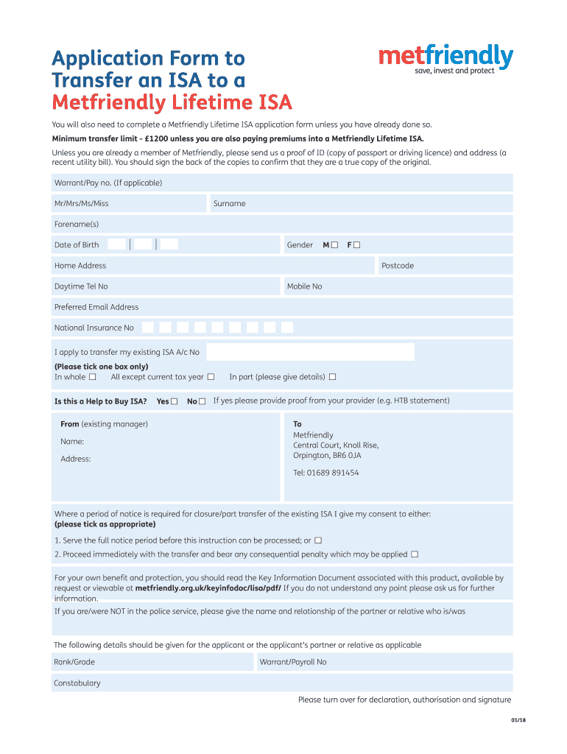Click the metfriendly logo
[445, 59]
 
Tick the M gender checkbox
[335, 244]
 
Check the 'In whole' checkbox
[93, 377]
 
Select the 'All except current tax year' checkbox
[211, 377]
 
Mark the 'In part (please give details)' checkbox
[332, 377]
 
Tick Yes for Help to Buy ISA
[174, 401]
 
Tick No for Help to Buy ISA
[202, 401]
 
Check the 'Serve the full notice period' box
[318, 540]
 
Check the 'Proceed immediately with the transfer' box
[415, 554]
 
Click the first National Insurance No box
[148, 328]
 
